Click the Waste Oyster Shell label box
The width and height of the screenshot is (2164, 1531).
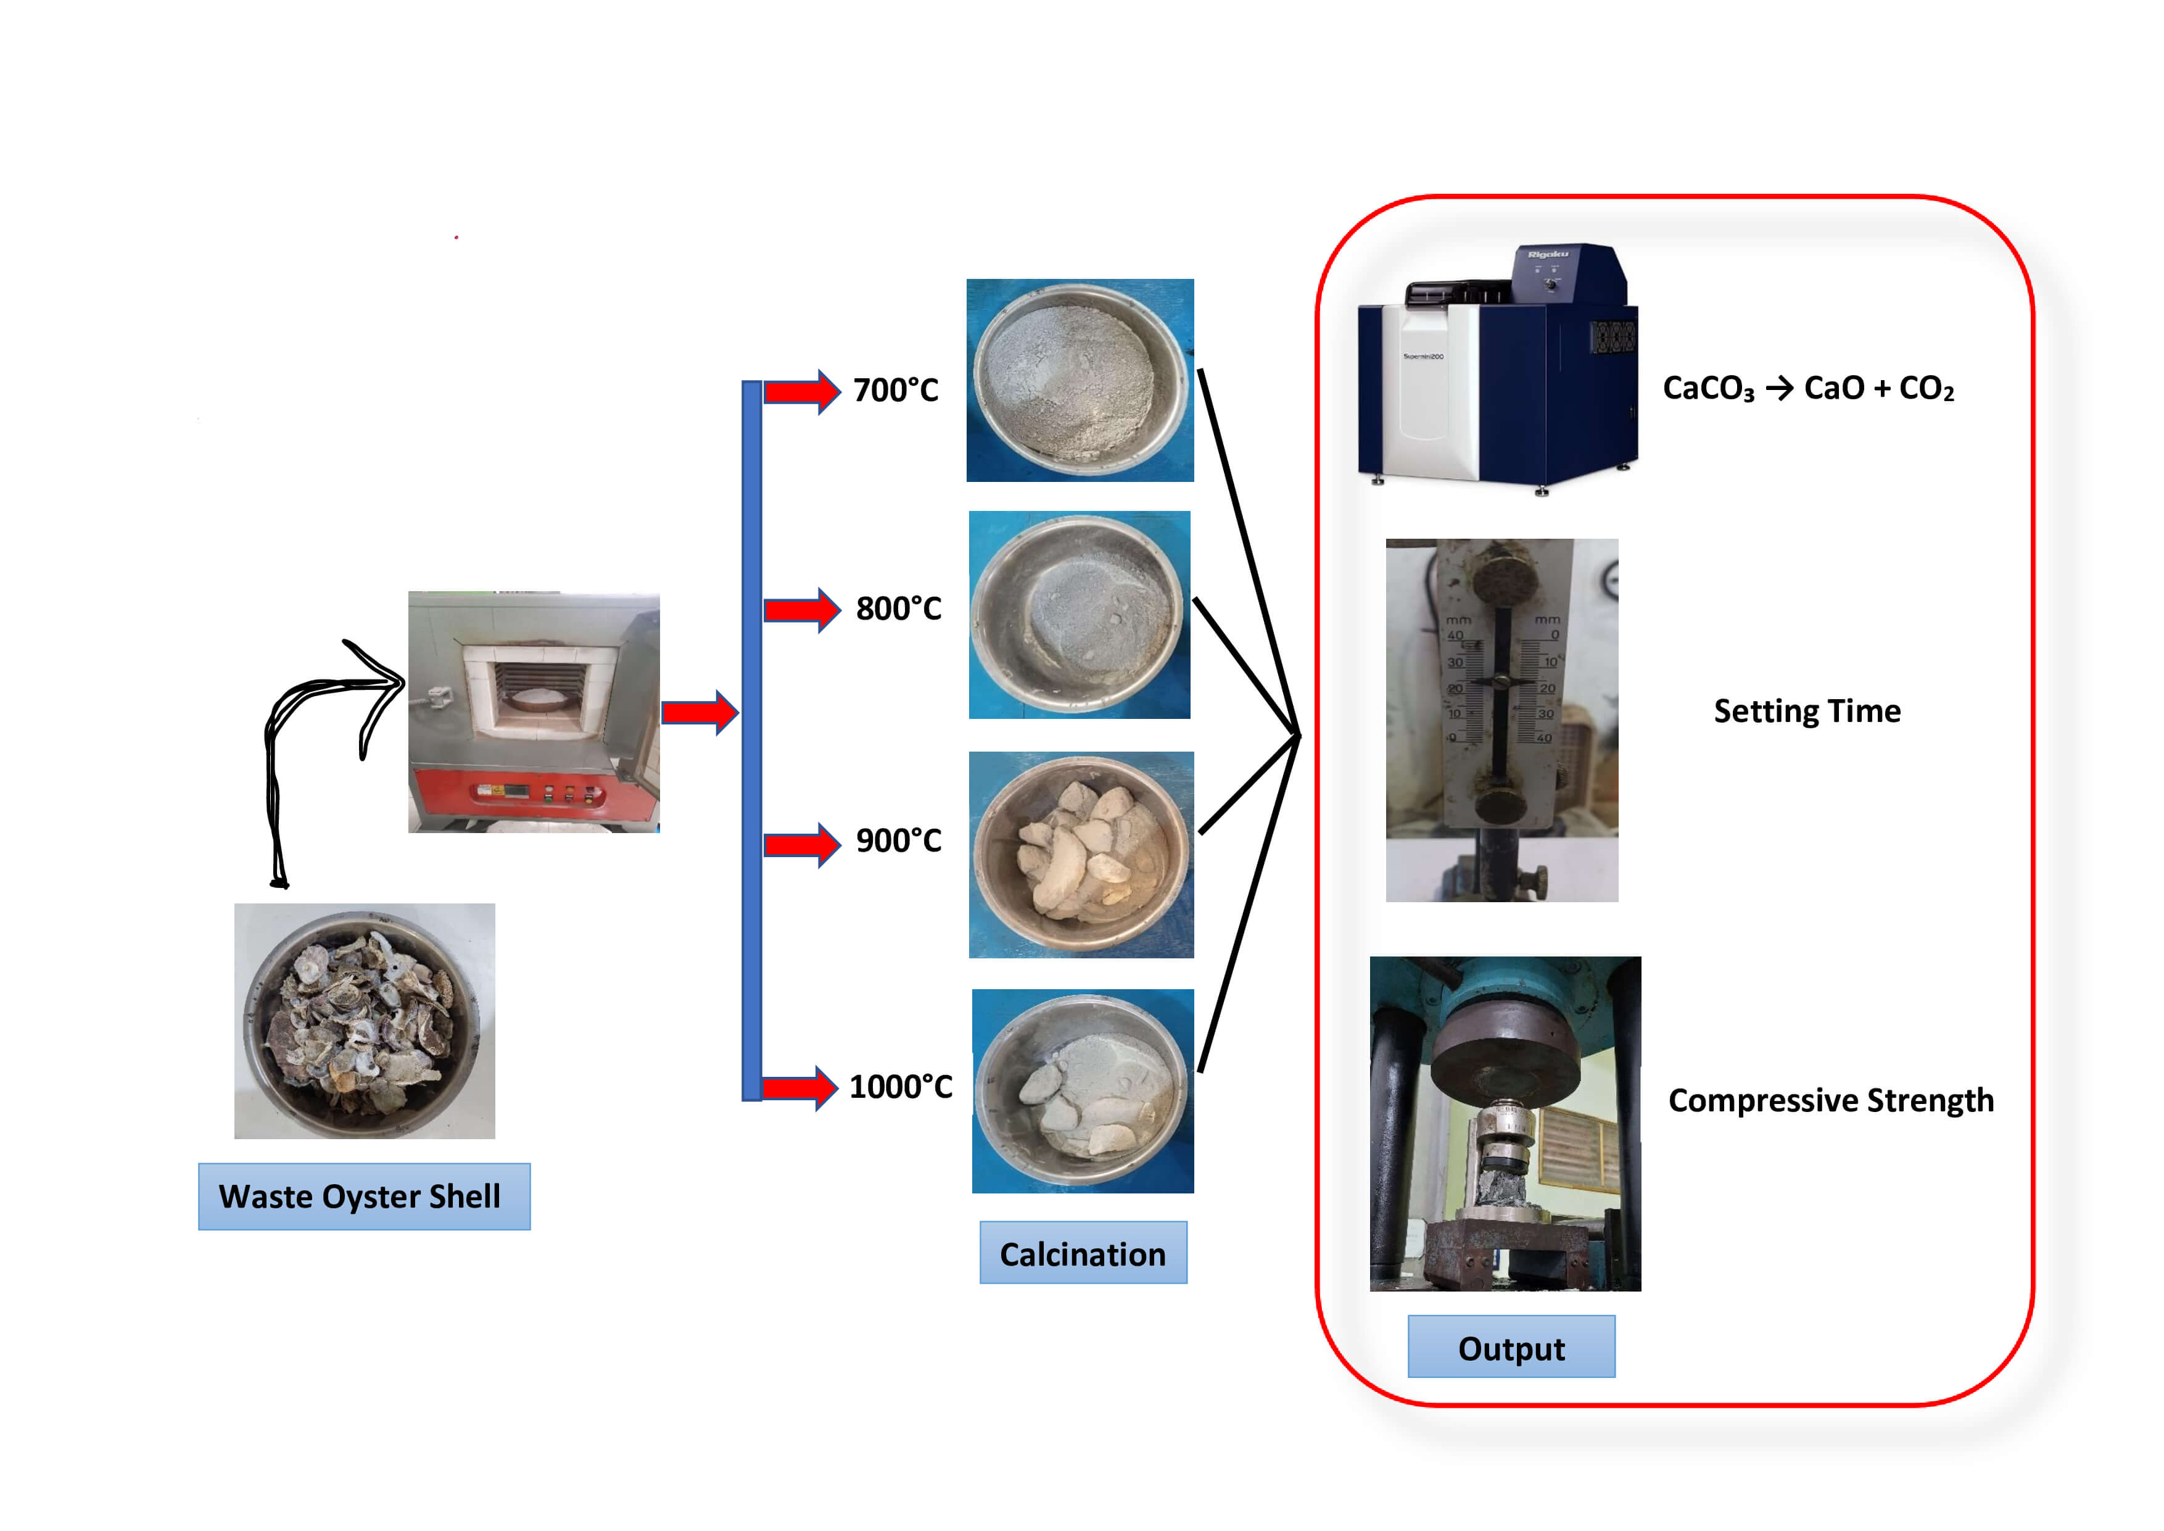click(364, 1197)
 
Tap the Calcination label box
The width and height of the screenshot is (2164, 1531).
click(1083, 1253)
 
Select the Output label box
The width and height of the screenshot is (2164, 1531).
click(1511, 1347)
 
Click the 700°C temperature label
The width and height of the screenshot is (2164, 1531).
click(895, 390)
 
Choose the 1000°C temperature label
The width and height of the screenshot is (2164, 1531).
click(900, 1087)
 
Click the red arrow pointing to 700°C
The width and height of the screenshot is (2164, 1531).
click(801, 391)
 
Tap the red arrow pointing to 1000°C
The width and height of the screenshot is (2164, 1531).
click(799, 1089)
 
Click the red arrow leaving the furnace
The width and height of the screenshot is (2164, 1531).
click(698, 713)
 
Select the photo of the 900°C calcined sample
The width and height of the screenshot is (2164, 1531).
click(1081, 855)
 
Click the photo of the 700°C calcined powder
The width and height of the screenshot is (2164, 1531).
click(1080, 380)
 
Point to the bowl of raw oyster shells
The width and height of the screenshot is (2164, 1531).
click(364, 1021)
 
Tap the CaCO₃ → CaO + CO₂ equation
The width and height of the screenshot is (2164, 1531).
click(1807, 388)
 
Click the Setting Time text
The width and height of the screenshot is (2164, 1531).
click(1807, 711)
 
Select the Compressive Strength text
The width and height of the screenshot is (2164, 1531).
click(1830, 1100)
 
